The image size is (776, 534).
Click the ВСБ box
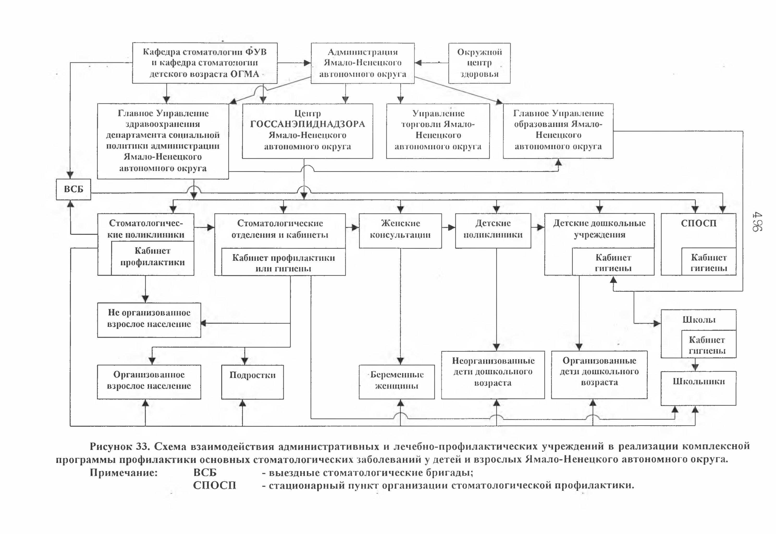(73, 189)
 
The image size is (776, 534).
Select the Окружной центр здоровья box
(479, 63)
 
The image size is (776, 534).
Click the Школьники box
(698, 388)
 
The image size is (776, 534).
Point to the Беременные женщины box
(397, 382)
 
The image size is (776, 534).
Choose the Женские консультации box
(400, 231)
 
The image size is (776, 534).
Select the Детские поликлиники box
(493, 231)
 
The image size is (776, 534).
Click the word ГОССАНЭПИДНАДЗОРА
(307, 124)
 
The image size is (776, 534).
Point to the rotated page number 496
(757, 222)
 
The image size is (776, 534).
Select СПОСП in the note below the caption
(214, 485)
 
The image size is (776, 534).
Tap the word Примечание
(124, 473)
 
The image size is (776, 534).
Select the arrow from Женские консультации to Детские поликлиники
(448, 227)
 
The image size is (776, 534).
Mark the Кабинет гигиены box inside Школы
(709, 344)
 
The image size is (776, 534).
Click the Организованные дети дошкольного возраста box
(599, 375)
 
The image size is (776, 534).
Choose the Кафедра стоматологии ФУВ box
(205, 63)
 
